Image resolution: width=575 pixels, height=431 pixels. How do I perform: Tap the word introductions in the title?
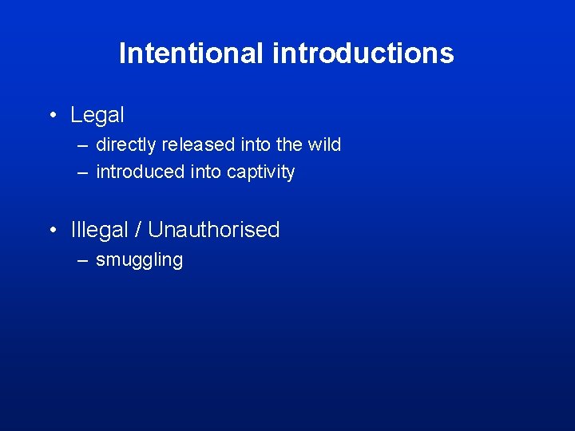363,53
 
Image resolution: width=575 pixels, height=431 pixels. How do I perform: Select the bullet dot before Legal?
52,116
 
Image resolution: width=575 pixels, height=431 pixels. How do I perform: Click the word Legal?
97,115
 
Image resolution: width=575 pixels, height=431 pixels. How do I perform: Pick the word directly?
125,144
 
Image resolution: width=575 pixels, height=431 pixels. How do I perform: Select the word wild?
323,144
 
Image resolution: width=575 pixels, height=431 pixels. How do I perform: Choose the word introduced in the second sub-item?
140,172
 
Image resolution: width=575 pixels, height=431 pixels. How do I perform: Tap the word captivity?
261,172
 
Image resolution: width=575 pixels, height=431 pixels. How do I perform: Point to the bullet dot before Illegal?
52,231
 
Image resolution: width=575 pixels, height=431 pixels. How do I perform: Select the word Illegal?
99,230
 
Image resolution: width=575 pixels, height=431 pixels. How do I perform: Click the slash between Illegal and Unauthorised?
138,230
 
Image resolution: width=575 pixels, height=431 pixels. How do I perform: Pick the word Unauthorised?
214,230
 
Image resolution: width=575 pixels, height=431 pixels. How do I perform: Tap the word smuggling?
139,260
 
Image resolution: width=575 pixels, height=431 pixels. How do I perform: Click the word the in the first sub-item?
286,144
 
